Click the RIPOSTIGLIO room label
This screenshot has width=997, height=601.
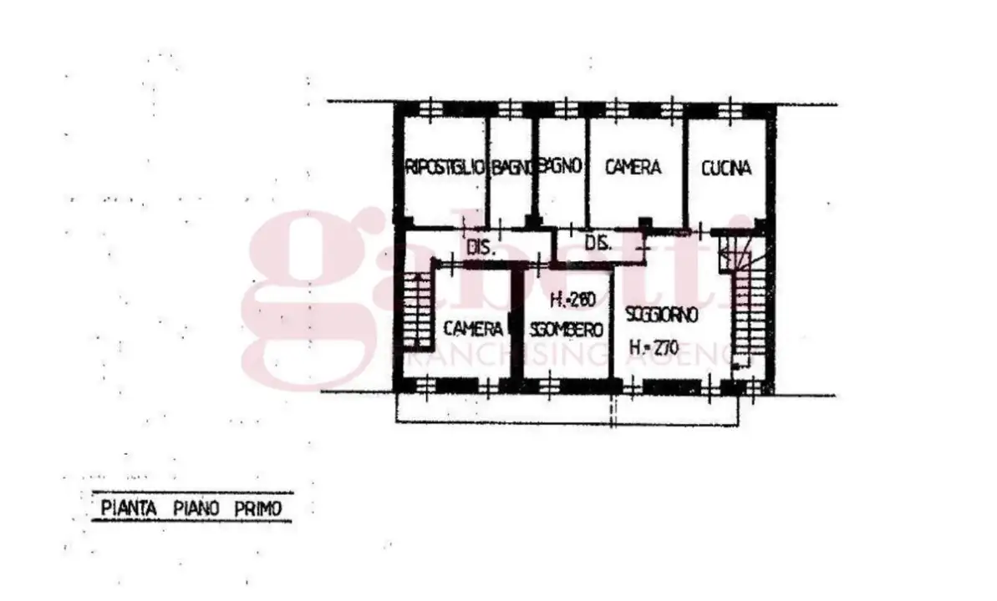(x=444, y=167)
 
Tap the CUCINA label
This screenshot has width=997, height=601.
(x=726, y=168)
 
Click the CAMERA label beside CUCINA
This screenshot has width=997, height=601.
(x=633, y=167)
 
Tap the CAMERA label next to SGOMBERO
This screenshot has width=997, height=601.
(x=473, y=327)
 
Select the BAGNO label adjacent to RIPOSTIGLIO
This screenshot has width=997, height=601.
(x=511, y=168)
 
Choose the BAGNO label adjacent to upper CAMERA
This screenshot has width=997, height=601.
(x=561, y=166)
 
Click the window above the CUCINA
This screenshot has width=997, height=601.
(x=729, y=109)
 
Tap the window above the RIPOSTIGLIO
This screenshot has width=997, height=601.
(x=430, y=109)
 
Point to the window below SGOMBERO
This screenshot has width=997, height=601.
(x=552, y=386)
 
